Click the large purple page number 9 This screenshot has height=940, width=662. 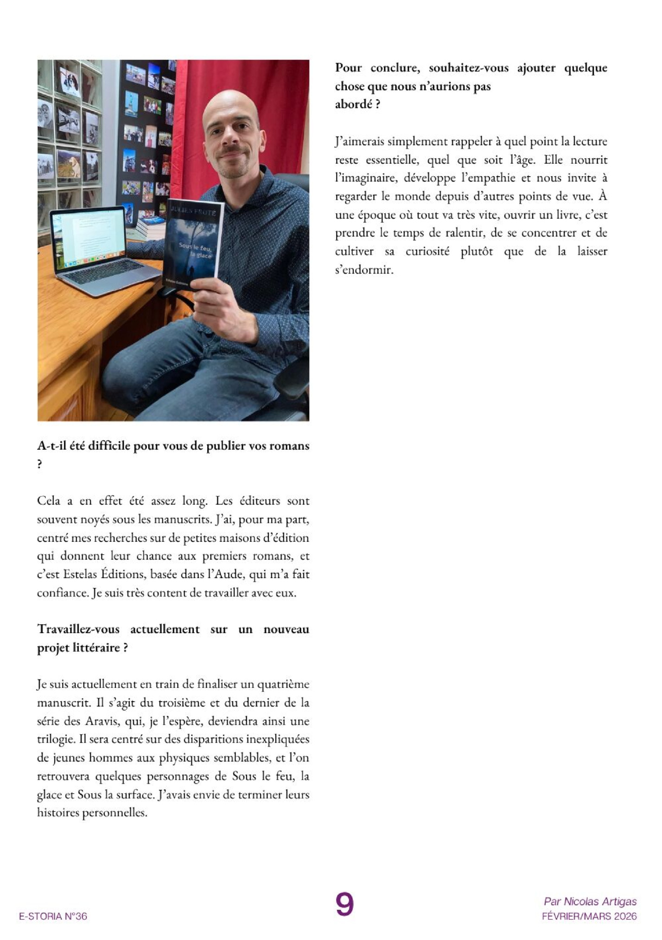point(344,903)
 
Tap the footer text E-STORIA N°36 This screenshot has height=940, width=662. point(53,916)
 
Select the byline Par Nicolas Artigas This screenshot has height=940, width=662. point(590,902)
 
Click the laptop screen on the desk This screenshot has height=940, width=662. point(88,239)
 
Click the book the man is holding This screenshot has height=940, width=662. point(192,243)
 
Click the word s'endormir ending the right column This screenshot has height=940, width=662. point(364,270)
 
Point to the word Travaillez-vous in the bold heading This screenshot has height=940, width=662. point(78,629)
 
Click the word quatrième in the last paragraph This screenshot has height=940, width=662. point(283,684)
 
